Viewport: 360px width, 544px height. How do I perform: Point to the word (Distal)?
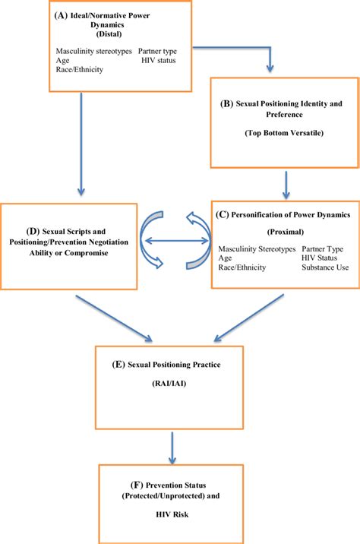(x=113, y=33)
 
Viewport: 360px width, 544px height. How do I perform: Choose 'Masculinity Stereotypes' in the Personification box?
(x=256, y=248)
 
